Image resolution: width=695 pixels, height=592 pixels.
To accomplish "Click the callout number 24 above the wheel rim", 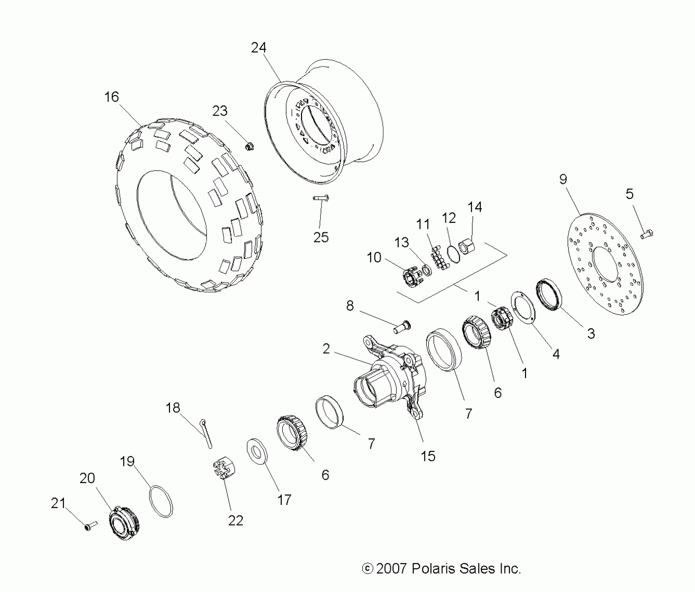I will (x=258, y=48).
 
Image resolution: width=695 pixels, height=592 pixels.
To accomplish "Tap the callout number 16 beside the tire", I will (x=111, y=97).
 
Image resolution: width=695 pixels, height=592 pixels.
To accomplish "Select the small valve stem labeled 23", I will (x=249, y=147).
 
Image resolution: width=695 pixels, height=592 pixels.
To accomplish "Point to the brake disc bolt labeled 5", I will (x=647, y=234).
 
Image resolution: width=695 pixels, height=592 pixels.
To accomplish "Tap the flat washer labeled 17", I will (x=257, y=452).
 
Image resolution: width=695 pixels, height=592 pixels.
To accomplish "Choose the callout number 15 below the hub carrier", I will (x=428, y=456).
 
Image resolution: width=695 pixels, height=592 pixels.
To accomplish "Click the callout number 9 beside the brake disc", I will (x=563, y=179).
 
